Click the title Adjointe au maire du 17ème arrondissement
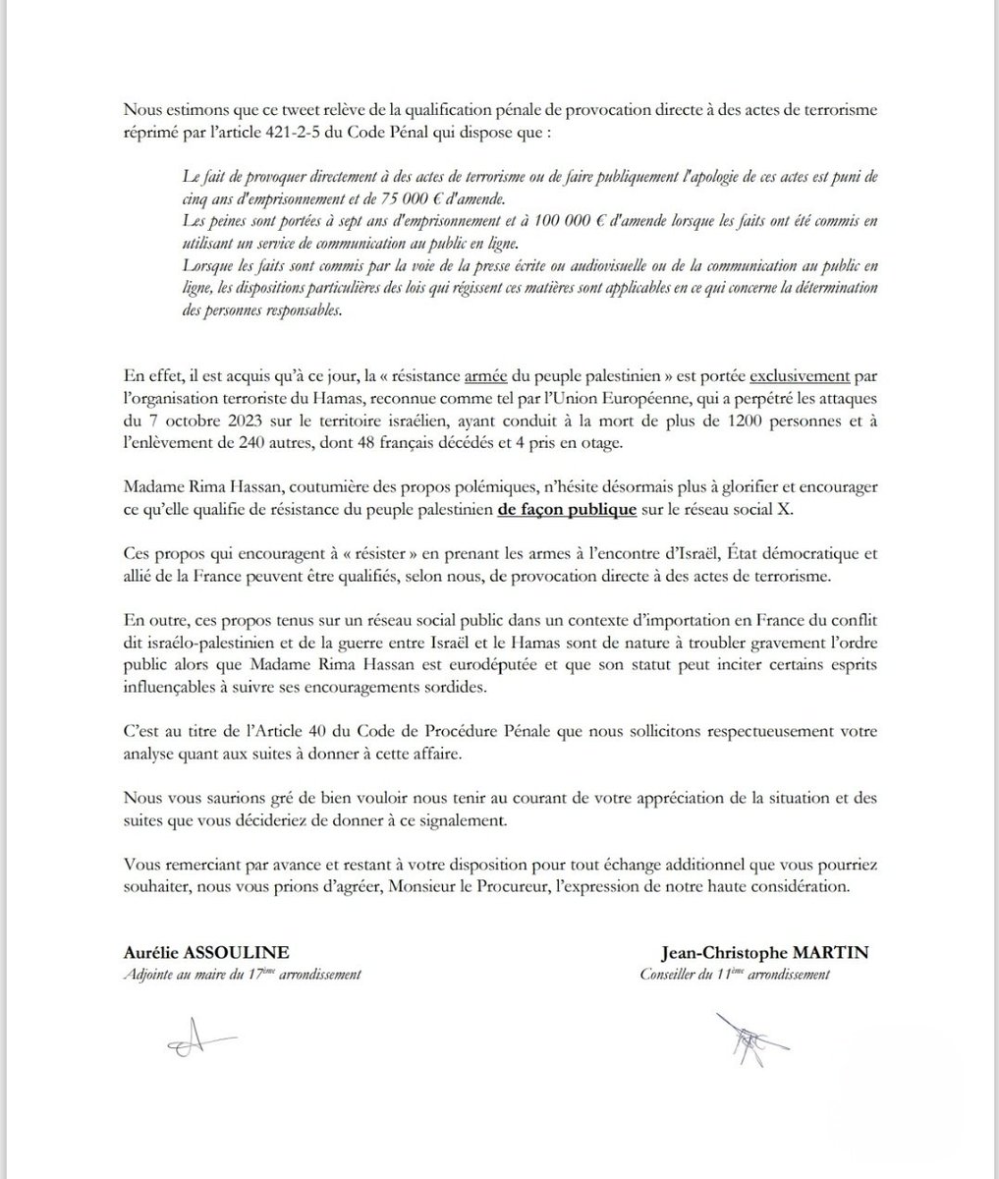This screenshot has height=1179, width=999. [244, 976]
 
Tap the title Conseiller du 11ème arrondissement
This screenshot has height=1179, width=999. [735, 976]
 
